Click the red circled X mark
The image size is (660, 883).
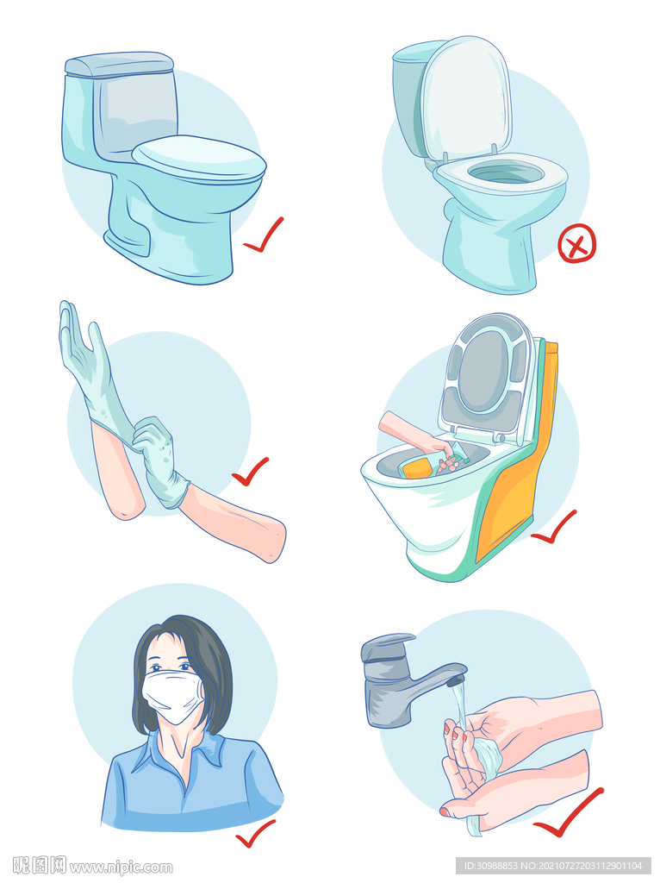pyautogui.click(x=576, y=243)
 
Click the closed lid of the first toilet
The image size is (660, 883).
pyautogui.click(x=199, y=160)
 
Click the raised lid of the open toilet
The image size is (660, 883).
pyautogui.click(x=466, y=97)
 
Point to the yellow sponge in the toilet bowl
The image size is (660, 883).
pyautogui.click(x=418, y=467)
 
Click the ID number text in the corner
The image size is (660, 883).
pyautogui.click(x=554, y=866)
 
